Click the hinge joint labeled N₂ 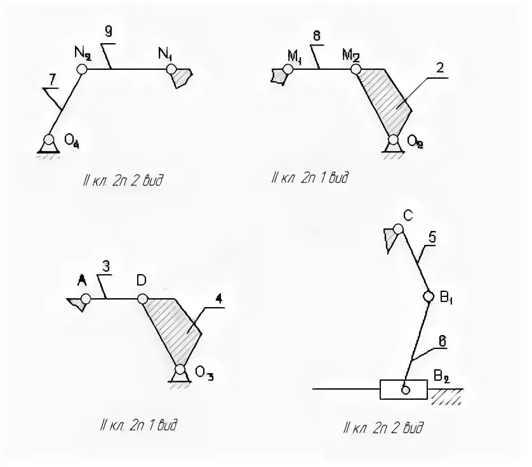click(x=82, y=68)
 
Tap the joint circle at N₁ click(x=171, y=68)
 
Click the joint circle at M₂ click(x=356, y=69)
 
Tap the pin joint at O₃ click(x=180, y=369)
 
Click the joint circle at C click(x=398, y=229)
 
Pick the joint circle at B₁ click(x=429, y=296)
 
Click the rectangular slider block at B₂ click(x=403, y=388)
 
